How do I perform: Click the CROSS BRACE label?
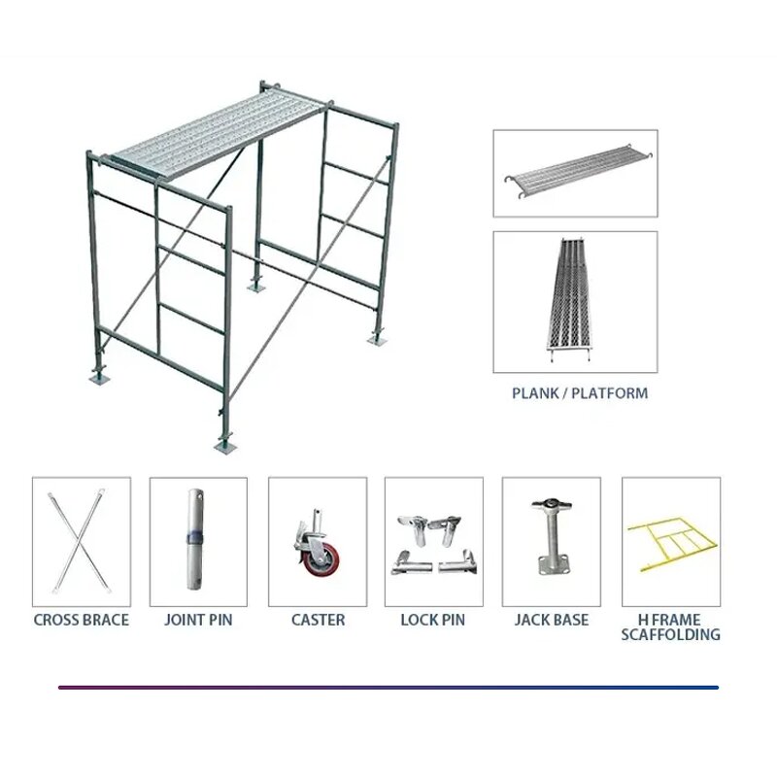pyautogui.click(x=81, y=620)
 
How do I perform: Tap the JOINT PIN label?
pyautogui.click(x=198, y=620)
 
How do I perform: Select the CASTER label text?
pyautogui.click(x=318, y=620)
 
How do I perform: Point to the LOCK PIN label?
pyautogui.click(x=432, y=620)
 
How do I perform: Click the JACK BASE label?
pyautogui.click(x=551, y=620)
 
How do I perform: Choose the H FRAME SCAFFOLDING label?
pyautogui.click(x=670, y=626)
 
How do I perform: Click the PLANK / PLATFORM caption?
pyautogui.click(x=579, y=393)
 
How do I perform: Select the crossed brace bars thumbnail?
pyautogui.click(x=81, y=541)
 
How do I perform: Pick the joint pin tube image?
pyautogui.click(x=198, y=541)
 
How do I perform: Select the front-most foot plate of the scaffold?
pyautogui.click(x=225, y=446)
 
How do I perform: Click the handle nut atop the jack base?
pyautogui.click(x=550, y=504)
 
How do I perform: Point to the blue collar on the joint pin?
pyautogui.click(x=197, y=537)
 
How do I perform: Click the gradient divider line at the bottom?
pyautogui.click(x=388, y=688)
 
